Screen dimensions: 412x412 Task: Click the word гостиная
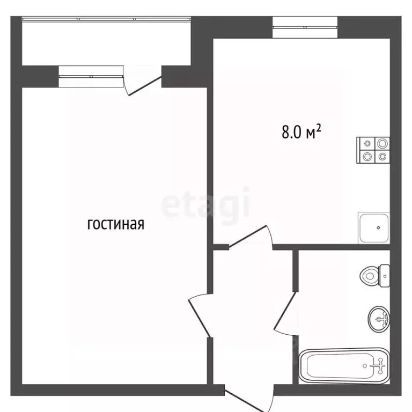116,224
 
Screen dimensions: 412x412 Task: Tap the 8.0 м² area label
301,131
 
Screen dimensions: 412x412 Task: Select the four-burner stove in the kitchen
373,150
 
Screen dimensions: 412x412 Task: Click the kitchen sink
374,228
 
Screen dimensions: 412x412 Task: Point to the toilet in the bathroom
374,276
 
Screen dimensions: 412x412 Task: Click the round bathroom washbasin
379,319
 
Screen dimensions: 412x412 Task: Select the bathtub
344,366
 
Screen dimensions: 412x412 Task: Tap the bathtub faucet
379,365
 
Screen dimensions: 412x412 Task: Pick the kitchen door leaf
248,236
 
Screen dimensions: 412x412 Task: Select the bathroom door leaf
285,310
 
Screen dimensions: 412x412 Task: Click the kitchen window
305,27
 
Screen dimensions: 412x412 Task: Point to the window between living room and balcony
91,77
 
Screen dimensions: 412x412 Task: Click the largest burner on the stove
382,144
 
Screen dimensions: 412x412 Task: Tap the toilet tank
385,276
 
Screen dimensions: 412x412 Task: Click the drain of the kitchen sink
378,227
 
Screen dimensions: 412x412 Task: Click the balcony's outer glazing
106,19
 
